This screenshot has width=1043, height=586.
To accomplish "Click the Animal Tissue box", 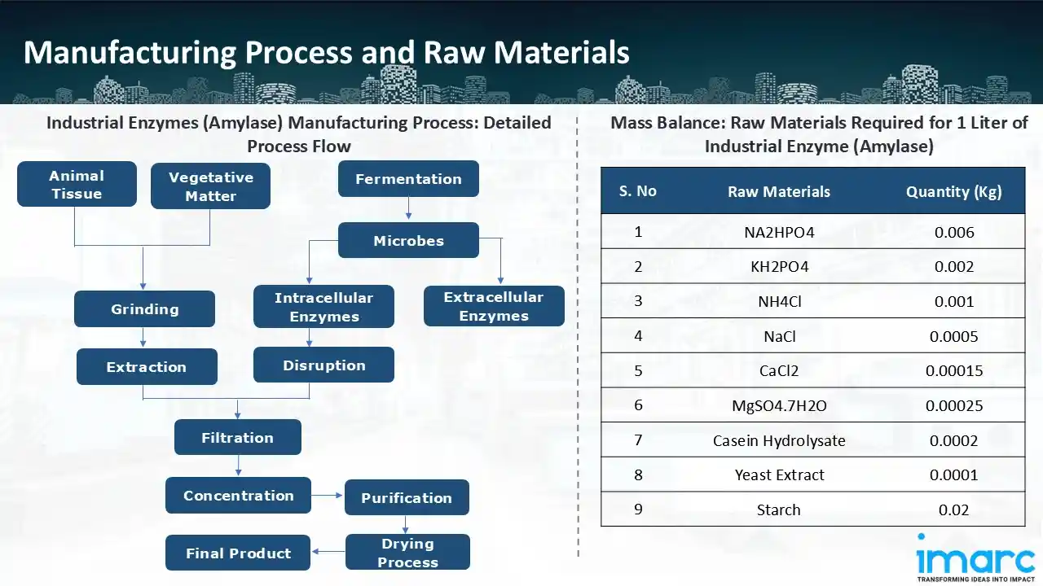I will (76, 184).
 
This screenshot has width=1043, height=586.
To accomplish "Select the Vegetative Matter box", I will (210, 186).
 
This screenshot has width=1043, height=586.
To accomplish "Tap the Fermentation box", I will (408, 179).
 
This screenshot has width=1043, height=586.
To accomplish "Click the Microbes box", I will (408, 240).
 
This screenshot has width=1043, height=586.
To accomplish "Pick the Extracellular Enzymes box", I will (494, 306).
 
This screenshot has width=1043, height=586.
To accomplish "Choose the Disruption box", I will (323, 365).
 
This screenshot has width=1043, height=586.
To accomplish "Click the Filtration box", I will (237, 437).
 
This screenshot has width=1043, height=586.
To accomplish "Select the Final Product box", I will (238, 553).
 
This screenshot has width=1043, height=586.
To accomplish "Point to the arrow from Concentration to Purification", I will (327, 495).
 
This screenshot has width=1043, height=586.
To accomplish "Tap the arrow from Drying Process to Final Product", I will (328, 552).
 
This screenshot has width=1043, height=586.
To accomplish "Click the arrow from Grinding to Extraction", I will (144, 337).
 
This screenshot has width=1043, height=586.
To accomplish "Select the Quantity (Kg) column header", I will (953, 191).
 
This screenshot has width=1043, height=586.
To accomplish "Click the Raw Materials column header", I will (778, 191).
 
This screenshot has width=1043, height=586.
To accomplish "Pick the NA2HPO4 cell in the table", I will (778, 232).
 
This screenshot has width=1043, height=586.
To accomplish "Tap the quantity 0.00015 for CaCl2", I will (953, 370).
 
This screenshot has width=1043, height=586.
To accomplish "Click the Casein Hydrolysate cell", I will (778, 440).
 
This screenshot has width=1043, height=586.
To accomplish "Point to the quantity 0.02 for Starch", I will (953, 509).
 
